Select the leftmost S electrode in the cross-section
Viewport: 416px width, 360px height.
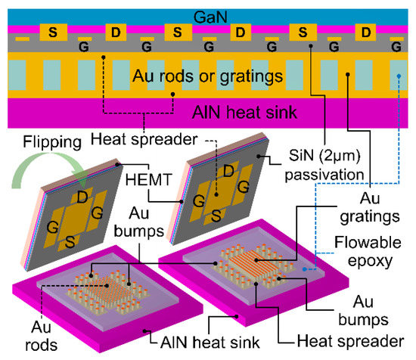click(x=53, y=33)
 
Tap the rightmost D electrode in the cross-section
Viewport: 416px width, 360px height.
click(x=366, y=33)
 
